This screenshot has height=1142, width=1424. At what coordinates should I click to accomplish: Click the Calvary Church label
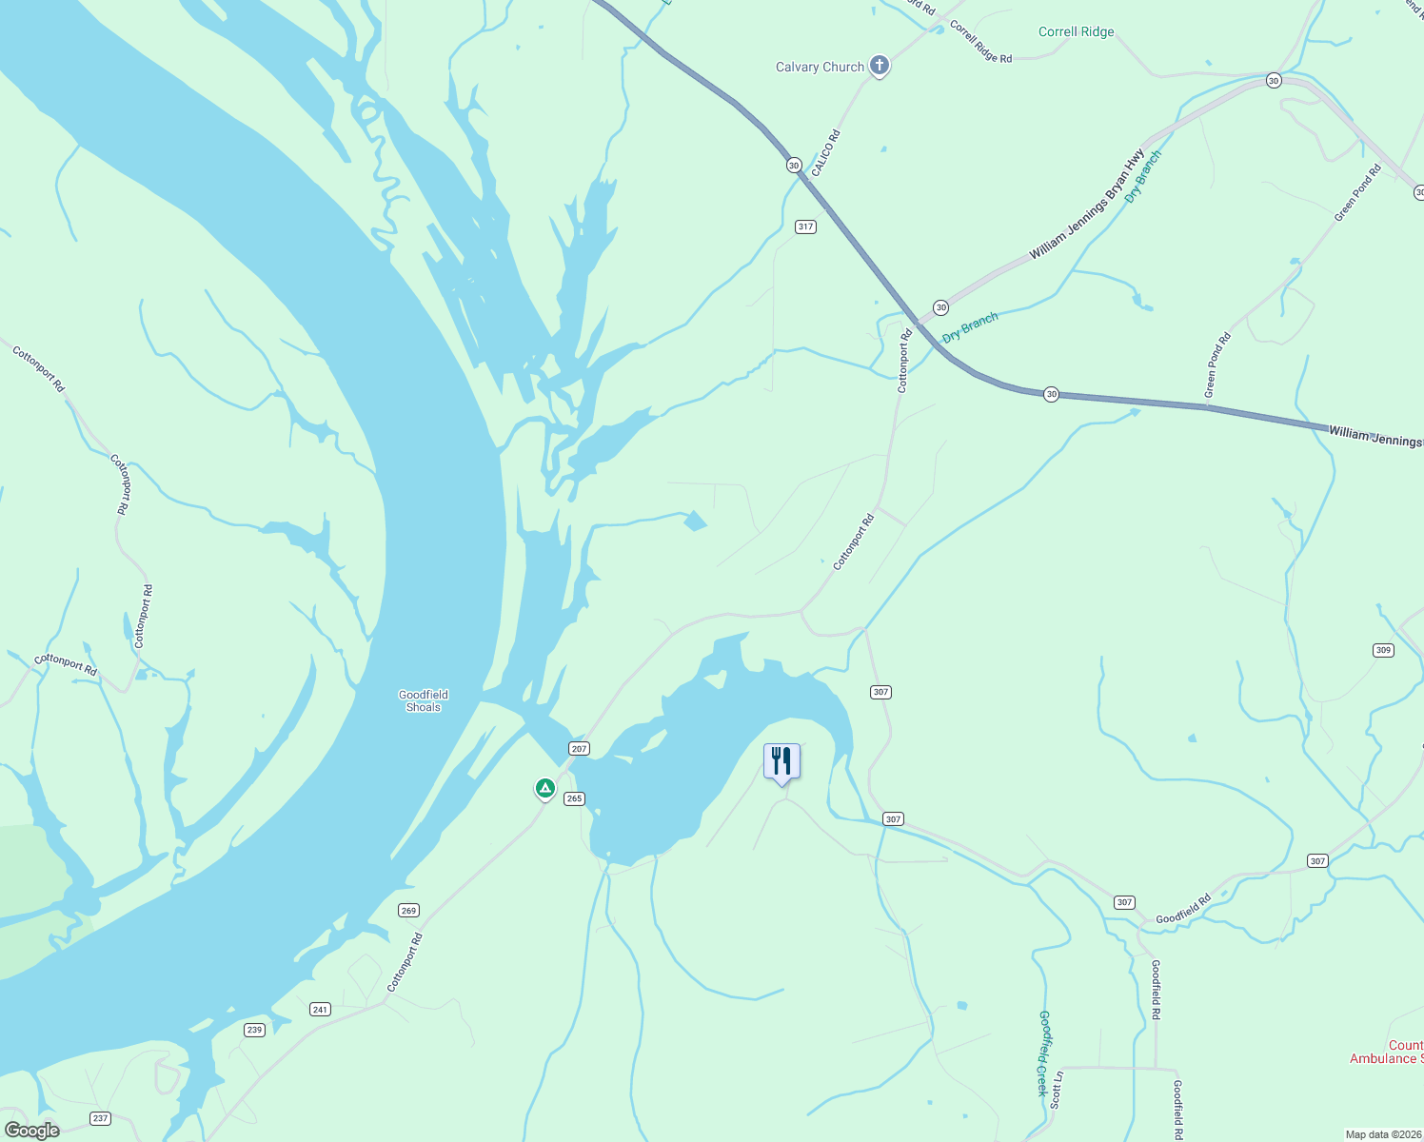pyautogui.click(x=820, y=67)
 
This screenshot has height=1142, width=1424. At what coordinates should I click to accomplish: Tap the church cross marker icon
pyautogui.click(x=880, y=66)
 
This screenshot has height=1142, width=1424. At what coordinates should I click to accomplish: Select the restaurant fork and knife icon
pyautogui.click(x=781, y=761)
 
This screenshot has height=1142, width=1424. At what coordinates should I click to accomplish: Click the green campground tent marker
pyautogui.click(x=544, y=788)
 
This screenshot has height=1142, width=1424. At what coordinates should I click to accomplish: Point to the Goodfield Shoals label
pyautogui.click(x=424, y=700)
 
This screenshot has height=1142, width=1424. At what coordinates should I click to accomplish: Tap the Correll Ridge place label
pyautogui.click(x=1076, y=31)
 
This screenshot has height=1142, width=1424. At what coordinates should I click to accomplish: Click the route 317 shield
pyautogui.click(x=805, y=226)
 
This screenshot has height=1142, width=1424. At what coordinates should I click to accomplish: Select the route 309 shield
pyautogui.click(x=1383, y=650)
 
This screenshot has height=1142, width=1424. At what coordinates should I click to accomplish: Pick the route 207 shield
pyautogui.click(x=579, y=748)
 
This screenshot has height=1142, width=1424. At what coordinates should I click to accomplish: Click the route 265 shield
pyautogui.click(x=574, y=798)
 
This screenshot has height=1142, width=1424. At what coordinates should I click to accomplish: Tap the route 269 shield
pyautogui.click(x=408, y=911)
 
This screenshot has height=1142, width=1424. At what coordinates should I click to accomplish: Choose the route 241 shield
pyautogui.click(x=320, y=1010)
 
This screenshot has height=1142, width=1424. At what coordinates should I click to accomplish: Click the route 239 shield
pyautogui.click(x=254, y=1030)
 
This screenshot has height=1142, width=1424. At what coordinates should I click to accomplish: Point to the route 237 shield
pyautogui.click(x=100, y=1118)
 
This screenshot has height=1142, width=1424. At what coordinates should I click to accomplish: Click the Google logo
pyautogui.click(x=31, y=1131)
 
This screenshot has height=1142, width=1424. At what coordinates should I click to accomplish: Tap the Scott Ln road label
pyautogui.click(x=1056, y=1089)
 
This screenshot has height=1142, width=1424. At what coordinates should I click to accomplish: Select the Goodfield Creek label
pyautogui.click(x=1043, y=1053)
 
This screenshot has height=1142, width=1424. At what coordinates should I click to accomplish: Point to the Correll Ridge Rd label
pyautogui.click(x=980, y=43)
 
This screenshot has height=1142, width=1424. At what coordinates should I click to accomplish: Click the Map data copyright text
pyautogui.click(x=1382, y=1134)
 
